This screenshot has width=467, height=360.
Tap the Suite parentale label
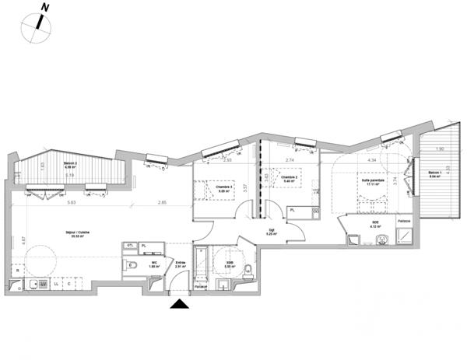point(373,182)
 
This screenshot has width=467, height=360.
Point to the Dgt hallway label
point(271,231)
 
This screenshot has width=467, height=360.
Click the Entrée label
point(180,264)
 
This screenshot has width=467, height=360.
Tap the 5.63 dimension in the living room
point(72,203)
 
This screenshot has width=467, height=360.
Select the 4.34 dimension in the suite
point(372,160)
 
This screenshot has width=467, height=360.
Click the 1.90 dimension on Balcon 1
point(439,149)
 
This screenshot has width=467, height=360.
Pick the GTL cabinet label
point(130,246)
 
